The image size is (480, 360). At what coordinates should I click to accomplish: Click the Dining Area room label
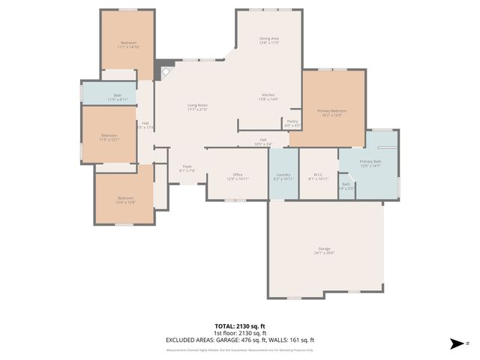pyautogui.click(x=269, y=38)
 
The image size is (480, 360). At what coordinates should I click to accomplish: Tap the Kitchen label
pyautogui.click(x=268, y=94)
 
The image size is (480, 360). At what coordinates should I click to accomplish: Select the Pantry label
pyautogui.click(x=292, y=121)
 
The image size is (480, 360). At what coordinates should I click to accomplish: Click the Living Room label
pyautogui.click(x=197, y=106)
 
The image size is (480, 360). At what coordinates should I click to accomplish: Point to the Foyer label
pyautogui.click(x=187, y=166)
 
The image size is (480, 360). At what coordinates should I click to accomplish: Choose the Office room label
pyautogui.click(x=237, y=174)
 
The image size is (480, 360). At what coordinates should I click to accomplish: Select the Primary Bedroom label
pyautogui.click(x=331, y=111)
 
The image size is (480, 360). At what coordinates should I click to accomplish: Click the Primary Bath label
pyautogui.click(x=370, y=161)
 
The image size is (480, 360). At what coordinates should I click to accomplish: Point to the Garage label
pyautogui.click(x=324, y=249)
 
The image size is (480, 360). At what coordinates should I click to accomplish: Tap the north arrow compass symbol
pyautogui.click(x=455, y=343)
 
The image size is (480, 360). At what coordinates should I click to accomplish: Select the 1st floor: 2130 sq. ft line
pyautogui.click(x=240, y=332)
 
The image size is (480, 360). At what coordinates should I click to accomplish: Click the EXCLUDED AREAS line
pyautogui.click(x=240, y=339)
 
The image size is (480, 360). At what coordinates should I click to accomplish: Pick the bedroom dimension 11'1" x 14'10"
pyautogui.click(x=128, y=47)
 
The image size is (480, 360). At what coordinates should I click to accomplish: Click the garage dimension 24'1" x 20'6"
pyautogui.click(x=324, y=253)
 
